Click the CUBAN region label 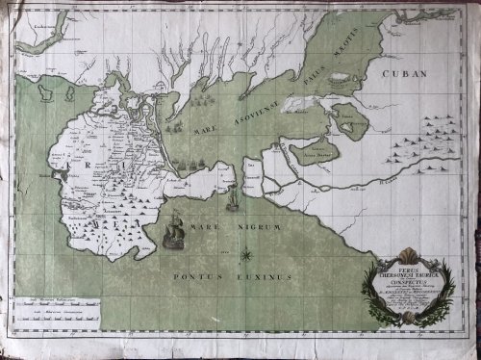coord(404,73)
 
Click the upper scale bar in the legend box coord(58,301)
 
